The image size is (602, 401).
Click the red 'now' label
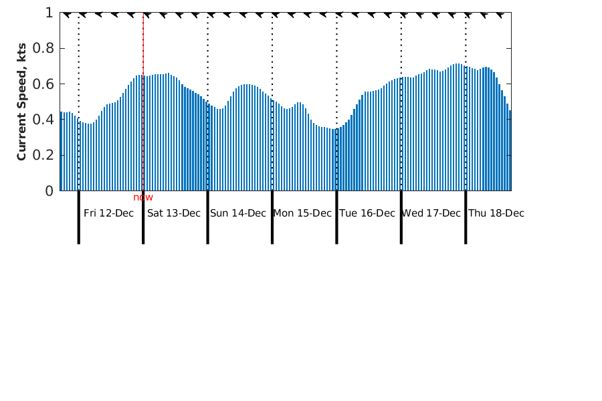pyautogui.click(x=143, y=197)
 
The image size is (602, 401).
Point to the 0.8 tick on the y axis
pyautogui.click(x=43, y=48)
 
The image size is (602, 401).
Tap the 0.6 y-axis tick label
pyautogui.click(x=43, y=84)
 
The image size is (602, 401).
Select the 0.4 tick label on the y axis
pyautogui.click(x=43, y=120)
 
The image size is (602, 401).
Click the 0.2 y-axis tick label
pyautogui.click(x=43, y=155)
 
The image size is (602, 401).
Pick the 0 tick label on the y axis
pyautogui.click(x=49, y=191)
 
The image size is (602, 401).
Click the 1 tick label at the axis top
pyautogui.click(x=49, y=13)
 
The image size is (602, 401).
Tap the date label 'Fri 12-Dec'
pyautogui.click(x=108, y=213)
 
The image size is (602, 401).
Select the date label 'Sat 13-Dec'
pyautogui.click(x=174, y=213)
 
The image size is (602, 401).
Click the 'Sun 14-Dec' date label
pyautogui.click(x=238, y=213)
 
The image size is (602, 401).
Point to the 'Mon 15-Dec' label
pyautogui.click(x=302, y=213)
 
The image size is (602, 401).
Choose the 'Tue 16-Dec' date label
pyautogui.click(x=367, y=213)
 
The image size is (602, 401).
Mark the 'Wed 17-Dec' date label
pyautogui.click(x=431, y=213)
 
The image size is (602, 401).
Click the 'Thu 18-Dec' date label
pyautogui.click(x=496, y=213)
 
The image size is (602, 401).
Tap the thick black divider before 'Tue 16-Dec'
pyautogui.click(x=336, y=217)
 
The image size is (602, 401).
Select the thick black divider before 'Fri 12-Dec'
pyautogui.click(x=79, y=217)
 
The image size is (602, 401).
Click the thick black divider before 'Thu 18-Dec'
pyautogui.click(x=466, y=217)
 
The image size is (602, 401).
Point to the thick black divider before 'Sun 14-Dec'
pyautogui.click(x=207, y=217)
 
